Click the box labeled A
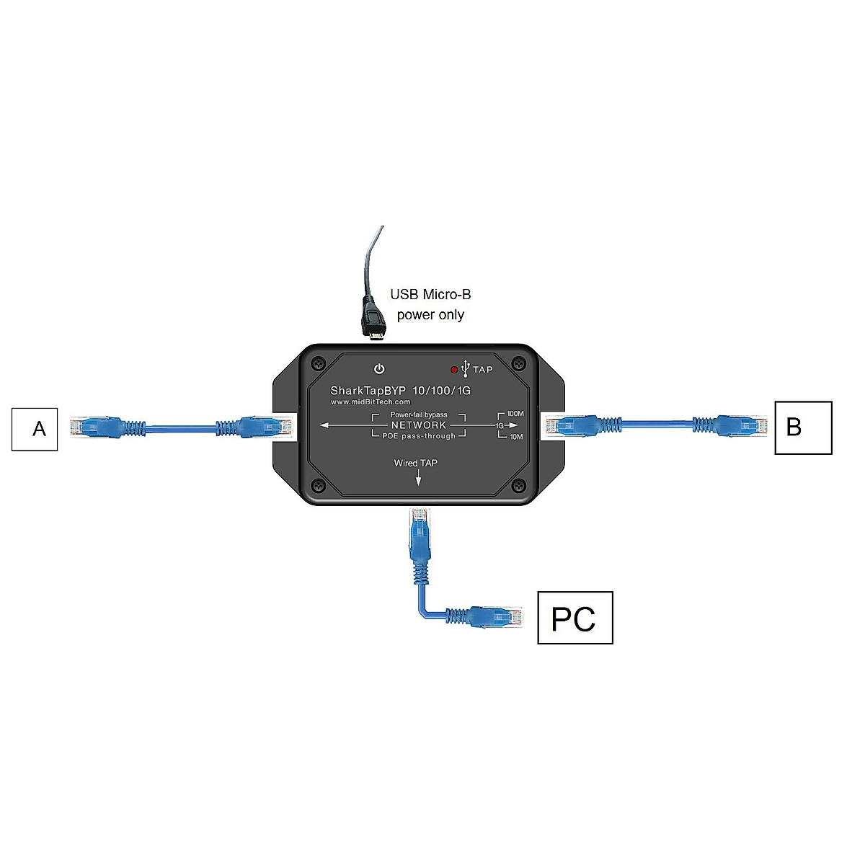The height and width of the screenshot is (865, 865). (x=35, y=429)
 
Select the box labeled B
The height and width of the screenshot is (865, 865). (x=803, y=427)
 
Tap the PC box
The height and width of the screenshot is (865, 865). (x=575, y=618)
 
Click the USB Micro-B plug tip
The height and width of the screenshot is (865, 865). (x=374, y=332)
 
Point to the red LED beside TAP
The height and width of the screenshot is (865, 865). (x=454, y=370)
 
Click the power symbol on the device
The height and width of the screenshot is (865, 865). (x=379, y=369)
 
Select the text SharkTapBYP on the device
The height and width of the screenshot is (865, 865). (x=368, y=391)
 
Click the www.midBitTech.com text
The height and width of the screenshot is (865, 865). (x=371, y=402)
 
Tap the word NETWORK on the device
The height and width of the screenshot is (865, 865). (x=419, y=425)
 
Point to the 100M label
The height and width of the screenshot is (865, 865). (x=515, y=414)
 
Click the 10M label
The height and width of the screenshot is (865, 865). (x=516, y=437)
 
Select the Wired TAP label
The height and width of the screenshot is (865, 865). (x=415, y=463)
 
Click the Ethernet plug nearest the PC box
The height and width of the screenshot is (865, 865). (x=505, y=617)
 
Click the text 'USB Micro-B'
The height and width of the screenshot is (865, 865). (x=430, y=294)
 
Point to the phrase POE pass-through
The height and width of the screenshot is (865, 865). (x=419, y=436)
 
